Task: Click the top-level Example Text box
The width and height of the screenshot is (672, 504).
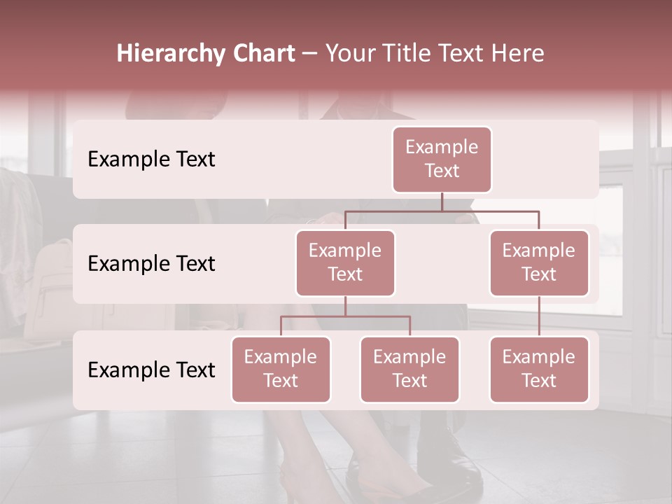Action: [x=442, y=160]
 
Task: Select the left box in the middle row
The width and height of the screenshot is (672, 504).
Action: [x=345, y=263]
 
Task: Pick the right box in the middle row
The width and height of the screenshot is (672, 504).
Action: [x=539, y=263]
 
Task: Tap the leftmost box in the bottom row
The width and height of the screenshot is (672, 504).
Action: [x=281, y=370]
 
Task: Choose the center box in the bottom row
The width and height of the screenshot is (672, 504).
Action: [x=409, y=370]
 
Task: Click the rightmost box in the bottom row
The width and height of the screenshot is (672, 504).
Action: [x=539, y=370]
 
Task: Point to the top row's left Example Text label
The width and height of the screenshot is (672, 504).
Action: [x=151, y=160]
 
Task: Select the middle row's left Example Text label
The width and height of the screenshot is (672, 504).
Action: [x=151, y=264]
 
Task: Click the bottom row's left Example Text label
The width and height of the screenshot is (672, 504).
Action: [x=151, y=370]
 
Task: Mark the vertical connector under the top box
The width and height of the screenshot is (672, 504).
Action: [x=442, y=202]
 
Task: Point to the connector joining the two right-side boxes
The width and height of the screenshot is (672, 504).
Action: [x=539, y=316]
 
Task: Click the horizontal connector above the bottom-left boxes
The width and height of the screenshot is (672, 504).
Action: [x=345, y=316]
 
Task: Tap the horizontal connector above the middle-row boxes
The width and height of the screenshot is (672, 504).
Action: [x=442, y=210]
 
